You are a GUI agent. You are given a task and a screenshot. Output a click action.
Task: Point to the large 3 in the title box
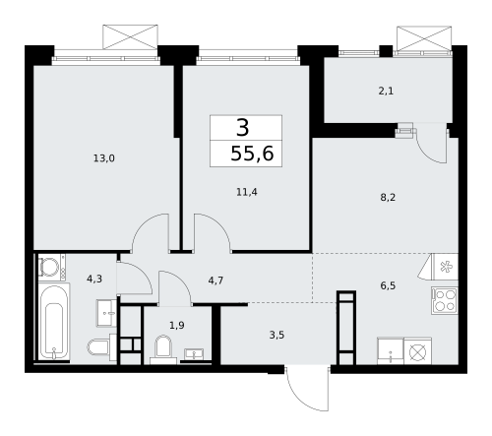(x=242, y=127)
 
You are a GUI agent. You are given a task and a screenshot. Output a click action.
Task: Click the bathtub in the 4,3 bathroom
(x=53, y=324)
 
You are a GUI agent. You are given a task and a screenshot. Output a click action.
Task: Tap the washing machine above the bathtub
(x=50, y=267)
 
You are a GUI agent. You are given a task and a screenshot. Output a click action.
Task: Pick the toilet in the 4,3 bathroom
(x=98, y=347)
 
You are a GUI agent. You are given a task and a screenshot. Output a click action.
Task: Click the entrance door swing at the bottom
(x=305, y=389)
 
